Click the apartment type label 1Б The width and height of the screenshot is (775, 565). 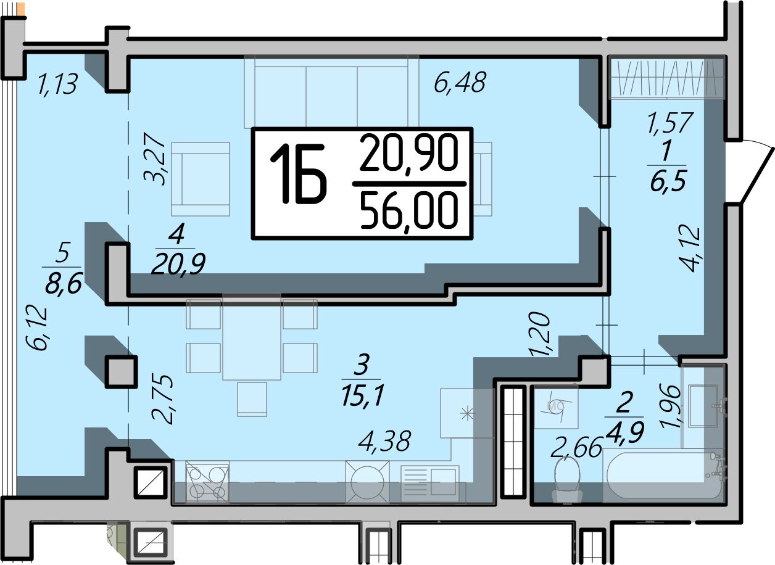click(x=298, y=173)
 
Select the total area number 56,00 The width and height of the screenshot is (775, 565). click(x=409, y=212)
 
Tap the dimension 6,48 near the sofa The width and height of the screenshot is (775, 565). click(x=460, y=82)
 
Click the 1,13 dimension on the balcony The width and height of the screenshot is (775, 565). click(x=58, y=84)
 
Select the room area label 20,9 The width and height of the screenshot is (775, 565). click(x=179, y=264)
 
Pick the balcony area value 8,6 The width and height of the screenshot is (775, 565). click(x=63, y=283)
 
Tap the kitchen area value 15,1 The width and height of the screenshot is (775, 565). click(x=363, y=395)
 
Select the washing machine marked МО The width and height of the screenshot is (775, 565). click(x=557, y=406)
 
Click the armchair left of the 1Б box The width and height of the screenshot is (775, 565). click(x=201, y=179)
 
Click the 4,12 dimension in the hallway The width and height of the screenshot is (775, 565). click(x=689, y=249)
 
